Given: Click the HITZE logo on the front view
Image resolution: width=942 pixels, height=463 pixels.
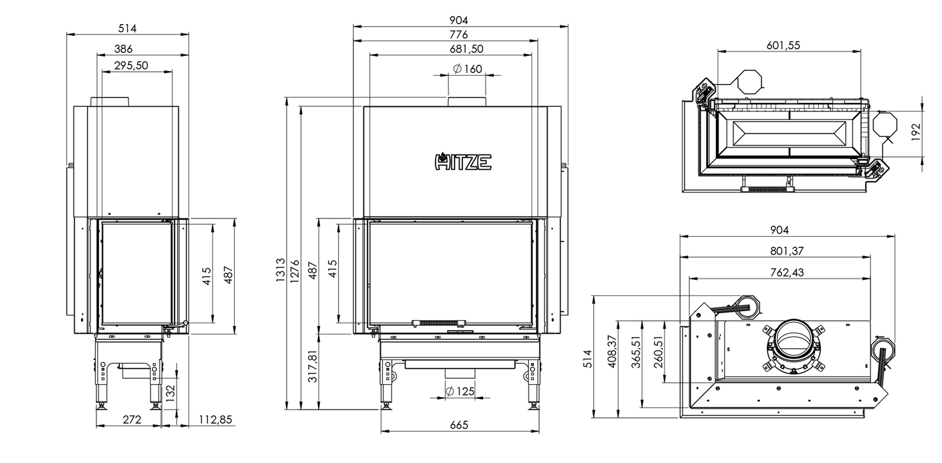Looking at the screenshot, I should point(463,160).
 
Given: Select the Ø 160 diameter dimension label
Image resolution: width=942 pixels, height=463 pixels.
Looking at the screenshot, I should point(467,69).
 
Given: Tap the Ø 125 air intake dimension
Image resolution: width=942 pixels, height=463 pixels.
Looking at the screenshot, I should point(460,391).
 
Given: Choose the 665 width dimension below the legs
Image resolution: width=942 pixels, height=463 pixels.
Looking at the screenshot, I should point(459,425).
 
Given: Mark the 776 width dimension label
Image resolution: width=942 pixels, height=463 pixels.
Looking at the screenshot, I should point(458,35).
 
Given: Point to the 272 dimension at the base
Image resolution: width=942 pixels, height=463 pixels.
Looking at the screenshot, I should point(132,420).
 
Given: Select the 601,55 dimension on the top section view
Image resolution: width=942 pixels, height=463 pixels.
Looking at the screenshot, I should point(783,45).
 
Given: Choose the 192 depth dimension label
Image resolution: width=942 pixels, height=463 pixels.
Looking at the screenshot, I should point(915,132).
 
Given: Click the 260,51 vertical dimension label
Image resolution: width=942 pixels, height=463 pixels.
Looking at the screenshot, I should point(658,351).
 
